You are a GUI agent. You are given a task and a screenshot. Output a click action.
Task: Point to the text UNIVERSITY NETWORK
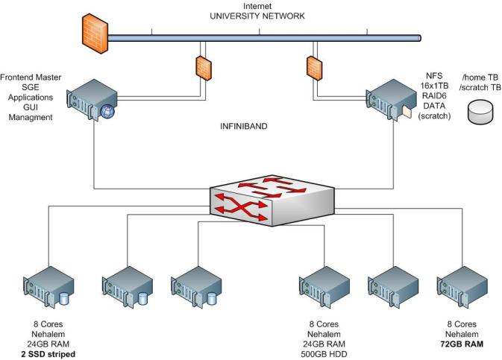(x=257, y=16)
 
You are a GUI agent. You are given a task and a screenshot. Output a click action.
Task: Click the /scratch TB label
(x=481, y=87)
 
